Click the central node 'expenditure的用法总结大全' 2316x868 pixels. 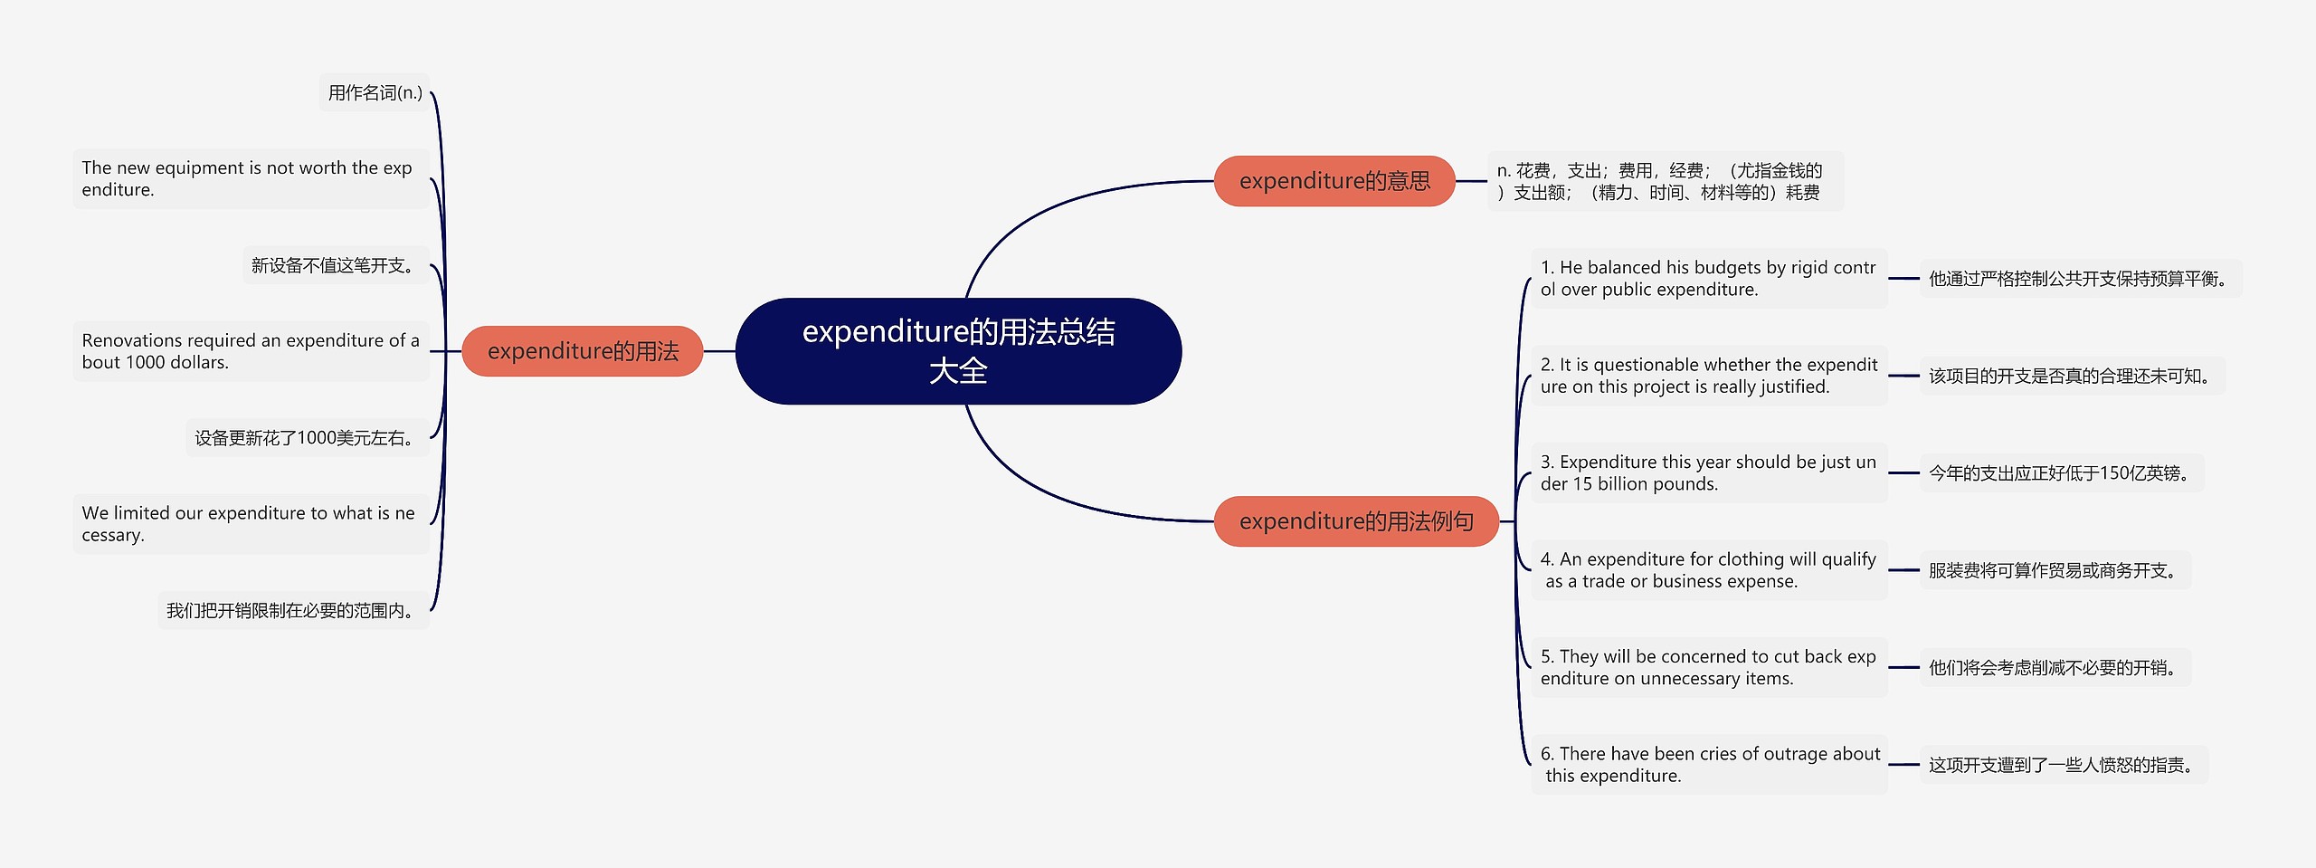click(958, 351)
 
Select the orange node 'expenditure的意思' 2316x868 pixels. click(1334, 181)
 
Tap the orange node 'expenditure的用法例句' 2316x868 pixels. click(1356, 521)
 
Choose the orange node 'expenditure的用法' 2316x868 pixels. click(583, 351)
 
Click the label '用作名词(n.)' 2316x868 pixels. click(375, 92)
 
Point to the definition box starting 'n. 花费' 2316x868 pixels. click(1665, 181)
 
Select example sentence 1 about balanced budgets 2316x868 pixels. click(1708, 278)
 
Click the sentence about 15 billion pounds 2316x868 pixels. click(1708, 472)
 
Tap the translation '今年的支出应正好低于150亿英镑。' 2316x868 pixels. click(2061, 472)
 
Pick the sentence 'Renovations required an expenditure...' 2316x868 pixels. click(251, 351)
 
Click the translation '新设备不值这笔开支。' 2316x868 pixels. click(336, 265)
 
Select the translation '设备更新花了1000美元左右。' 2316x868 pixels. click(308, 438)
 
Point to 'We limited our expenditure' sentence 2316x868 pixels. click(251, 524)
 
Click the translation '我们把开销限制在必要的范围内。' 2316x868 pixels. click(293, 611)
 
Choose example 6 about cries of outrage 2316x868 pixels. click(1708, 765)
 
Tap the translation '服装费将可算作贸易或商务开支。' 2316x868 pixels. click(2055, 570)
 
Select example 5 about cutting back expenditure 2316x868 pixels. click(1708, 667)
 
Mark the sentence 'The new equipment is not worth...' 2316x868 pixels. click(251, 178)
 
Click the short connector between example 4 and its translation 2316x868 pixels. click(1903, 570)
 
